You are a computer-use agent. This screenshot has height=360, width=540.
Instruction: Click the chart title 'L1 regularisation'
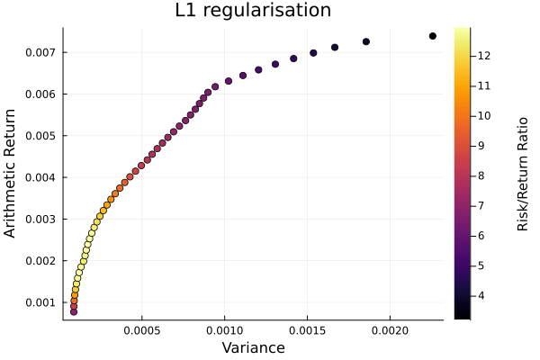pyautogui.click(x=253, y=12)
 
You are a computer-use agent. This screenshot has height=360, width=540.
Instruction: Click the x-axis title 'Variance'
pyautogui.click(x=253, y=347)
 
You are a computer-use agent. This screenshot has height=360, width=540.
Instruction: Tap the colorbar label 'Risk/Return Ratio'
pyautogui.click(x=522, y=174)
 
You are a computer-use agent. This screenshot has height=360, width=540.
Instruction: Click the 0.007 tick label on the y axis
pyautogui.click(x=41, y=52)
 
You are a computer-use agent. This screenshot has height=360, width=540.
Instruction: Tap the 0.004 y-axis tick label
pyautogui.click(x=41, y=177)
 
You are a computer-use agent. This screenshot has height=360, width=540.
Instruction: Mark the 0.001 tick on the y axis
pyautogui.click(x=41, y=302)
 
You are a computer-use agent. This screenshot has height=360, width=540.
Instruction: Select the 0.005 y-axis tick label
pyautogui.click(x=41, y=136)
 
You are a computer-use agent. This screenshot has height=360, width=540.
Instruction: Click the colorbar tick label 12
pyautogui.click(x=483, y=56)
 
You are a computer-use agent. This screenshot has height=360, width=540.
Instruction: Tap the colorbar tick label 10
pyautogui.click(x=483, y=115)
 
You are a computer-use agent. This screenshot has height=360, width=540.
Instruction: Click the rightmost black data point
pyautogui.click(x=433, y=36)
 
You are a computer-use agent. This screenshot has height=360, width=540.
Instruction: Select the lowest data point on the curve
pyautogui.click(x=74, y=311)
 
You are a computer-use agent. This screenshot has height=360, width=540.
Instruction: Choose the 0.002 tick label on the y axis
pyautogui.click(x=41, y=261)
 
